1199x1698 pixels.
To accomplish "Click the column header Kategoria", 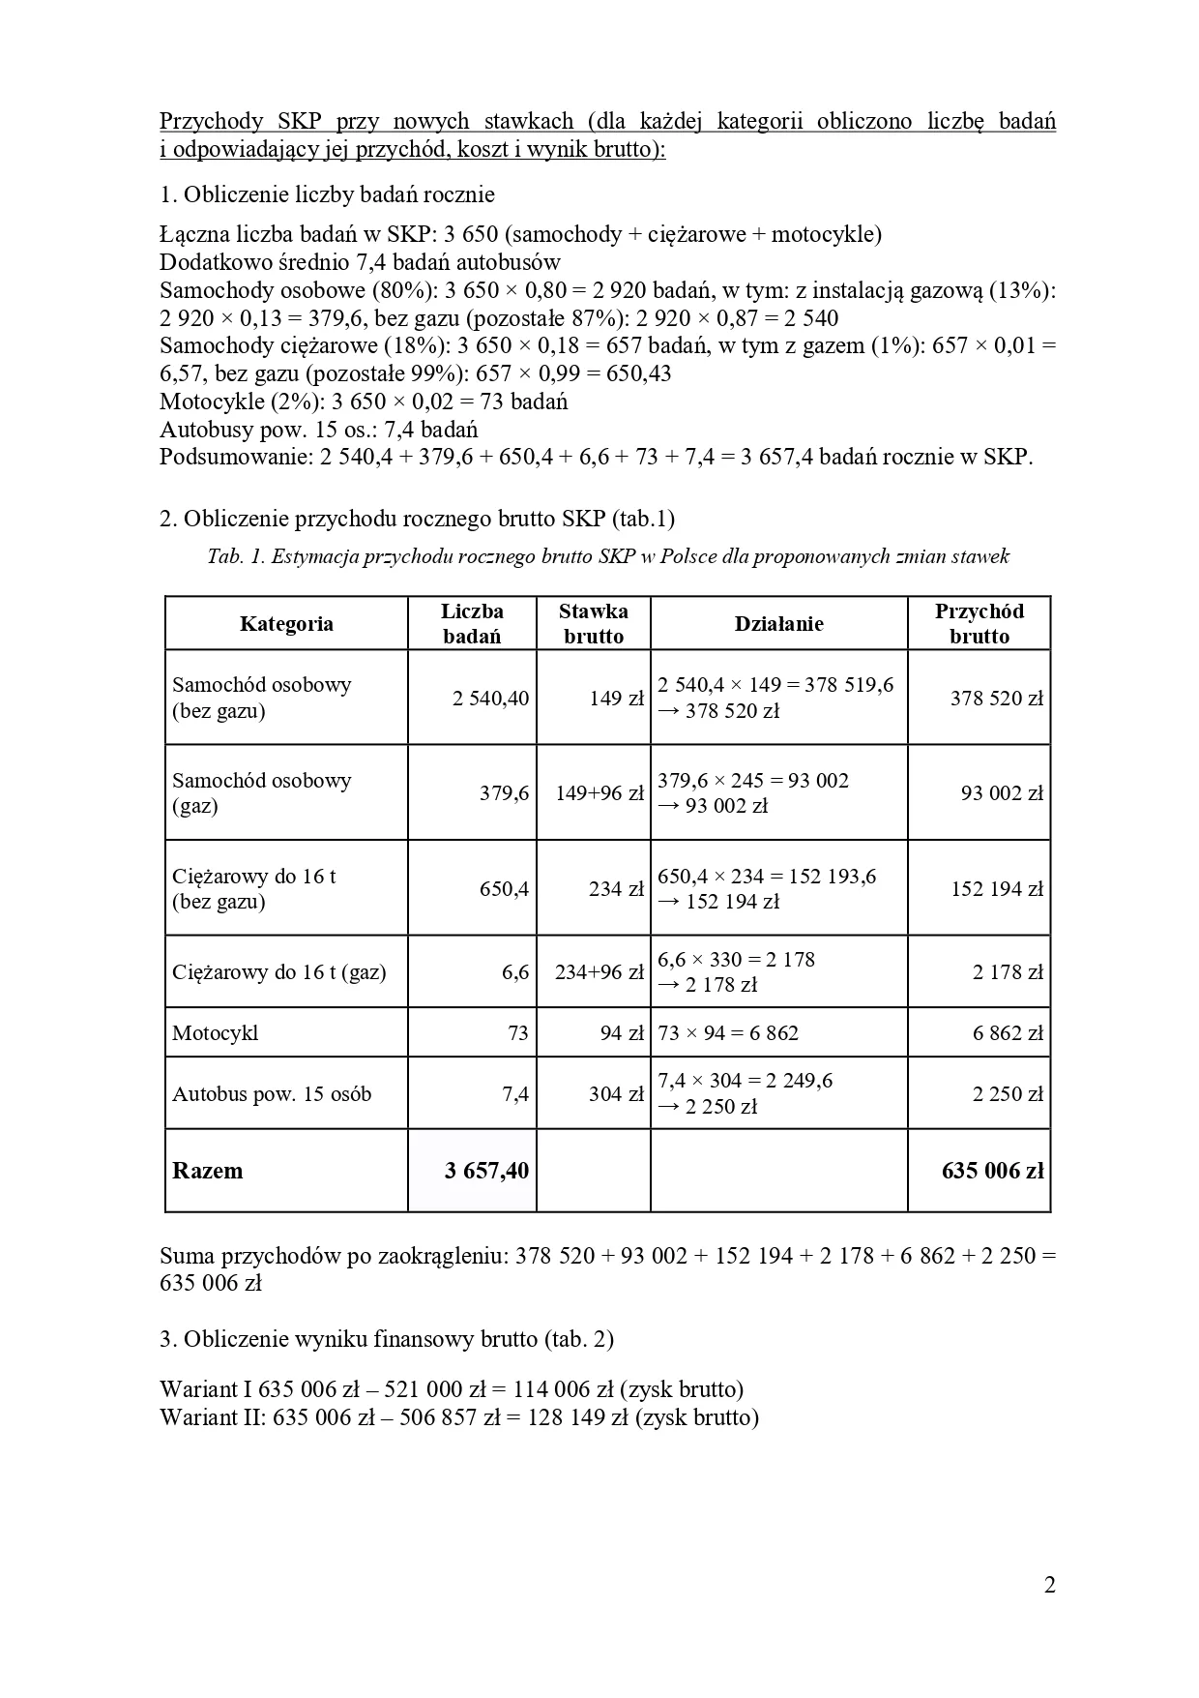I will coord(286,624).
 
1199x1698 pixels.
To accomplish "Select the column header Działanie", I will coord(778,624).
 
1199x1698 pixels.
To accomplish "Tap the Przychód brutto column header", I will coord(979,624).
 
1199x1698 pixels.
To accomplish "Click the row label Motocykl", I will coord(216,1033).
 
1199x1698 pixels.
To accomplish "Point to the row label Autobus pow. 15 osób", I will coord(272,1094).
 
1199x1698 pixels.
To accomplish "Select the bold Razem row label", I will coord(208,1171).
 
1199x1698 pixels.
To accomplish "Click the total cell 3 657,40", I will coord(486,1171).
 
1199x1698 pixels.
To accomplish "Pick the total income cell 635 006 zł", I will coord(992,1171).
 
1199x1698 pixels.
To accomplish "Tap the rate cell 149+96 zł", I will coord(599,793).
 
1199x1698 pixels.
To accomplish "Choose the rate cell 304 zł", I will coord(616,1094).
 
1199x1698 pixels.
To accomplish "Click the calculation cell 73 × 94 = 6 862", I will coord(728,1033).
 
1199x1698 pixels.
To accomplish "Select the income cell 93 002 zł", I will coord(1002,793).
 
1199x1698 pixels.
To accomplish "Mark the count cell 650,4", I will coord(504,889).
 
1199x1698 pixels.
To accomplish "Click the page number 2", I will coord(1049,1585).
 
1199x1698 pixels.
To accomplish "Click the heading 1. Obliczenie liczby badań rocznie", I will coord(327,194).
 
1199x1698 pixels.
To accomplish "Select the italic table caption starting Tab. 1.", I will coord(607,556).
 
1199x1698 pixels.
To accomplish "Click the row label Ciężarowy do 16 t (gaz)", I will coord(278,972).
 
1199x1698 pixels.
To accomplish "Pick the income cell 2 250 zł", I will coord(1008,1094).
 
